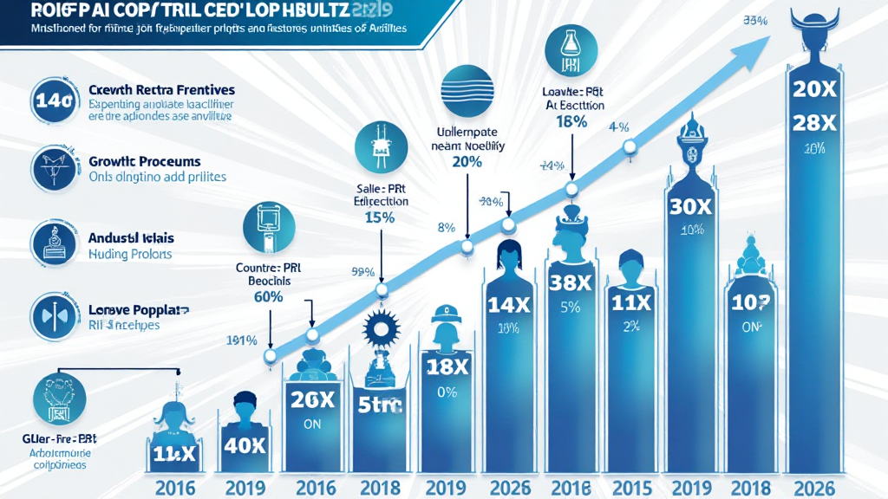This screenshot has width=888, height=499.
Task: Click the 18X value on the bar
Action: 448,366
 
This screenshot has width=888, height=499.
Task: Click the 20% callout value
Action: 467,162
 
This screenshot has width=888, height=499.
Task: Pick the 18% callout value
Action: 571,122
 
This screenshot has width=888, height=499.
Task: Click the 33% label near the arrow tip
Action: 756,21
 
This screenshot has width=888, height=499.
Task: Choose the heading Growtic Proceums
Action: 145,161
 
